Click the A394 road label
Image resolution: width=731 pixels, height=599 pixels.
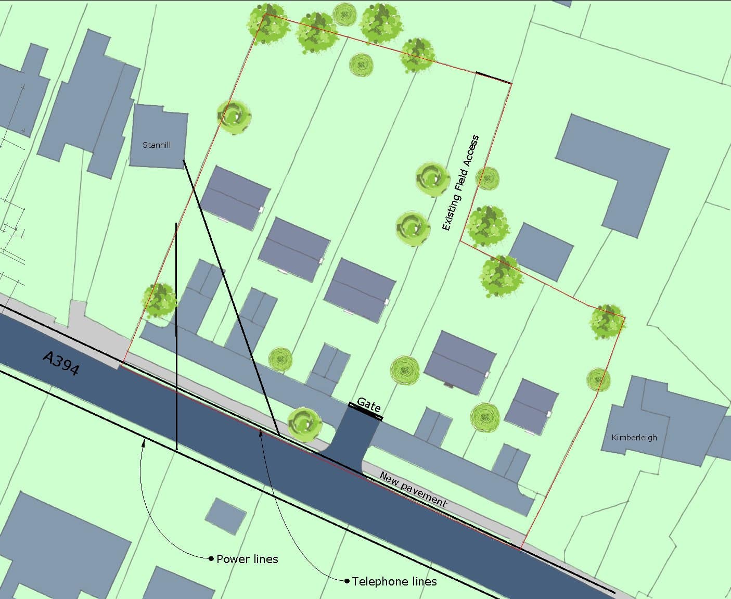61,363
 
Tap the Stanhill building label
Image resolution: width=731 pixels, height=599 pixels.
157,145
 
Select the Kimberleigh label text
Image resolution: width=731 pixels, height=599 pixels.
634,437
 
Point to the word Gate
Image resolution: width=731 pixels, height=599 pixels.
369,405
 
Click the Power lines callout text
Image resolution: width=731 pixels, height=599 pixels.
247,559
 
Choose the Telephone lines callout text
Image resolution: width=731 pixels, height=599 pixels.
394,581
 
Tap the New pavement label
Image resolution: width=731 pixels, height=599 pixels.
413,489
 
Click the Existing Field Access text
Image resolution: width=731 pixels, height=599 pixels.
460,182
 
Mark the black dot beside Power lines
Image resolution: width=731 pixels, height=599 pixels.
211,558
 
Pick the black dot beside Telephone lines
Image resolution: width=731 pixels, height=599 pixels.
347,581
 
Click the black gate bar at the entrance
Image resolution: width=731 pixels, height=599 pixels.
366,411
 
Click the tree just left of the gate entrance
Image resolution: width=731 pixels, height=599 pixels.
304,422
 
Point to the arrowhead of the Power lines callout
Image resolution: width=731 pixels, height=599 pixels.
144,443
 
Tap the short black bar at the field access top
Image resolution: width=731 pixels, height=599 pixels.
494,78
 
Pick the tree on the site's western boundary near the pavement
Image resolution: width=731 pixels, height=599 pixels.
160,300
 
